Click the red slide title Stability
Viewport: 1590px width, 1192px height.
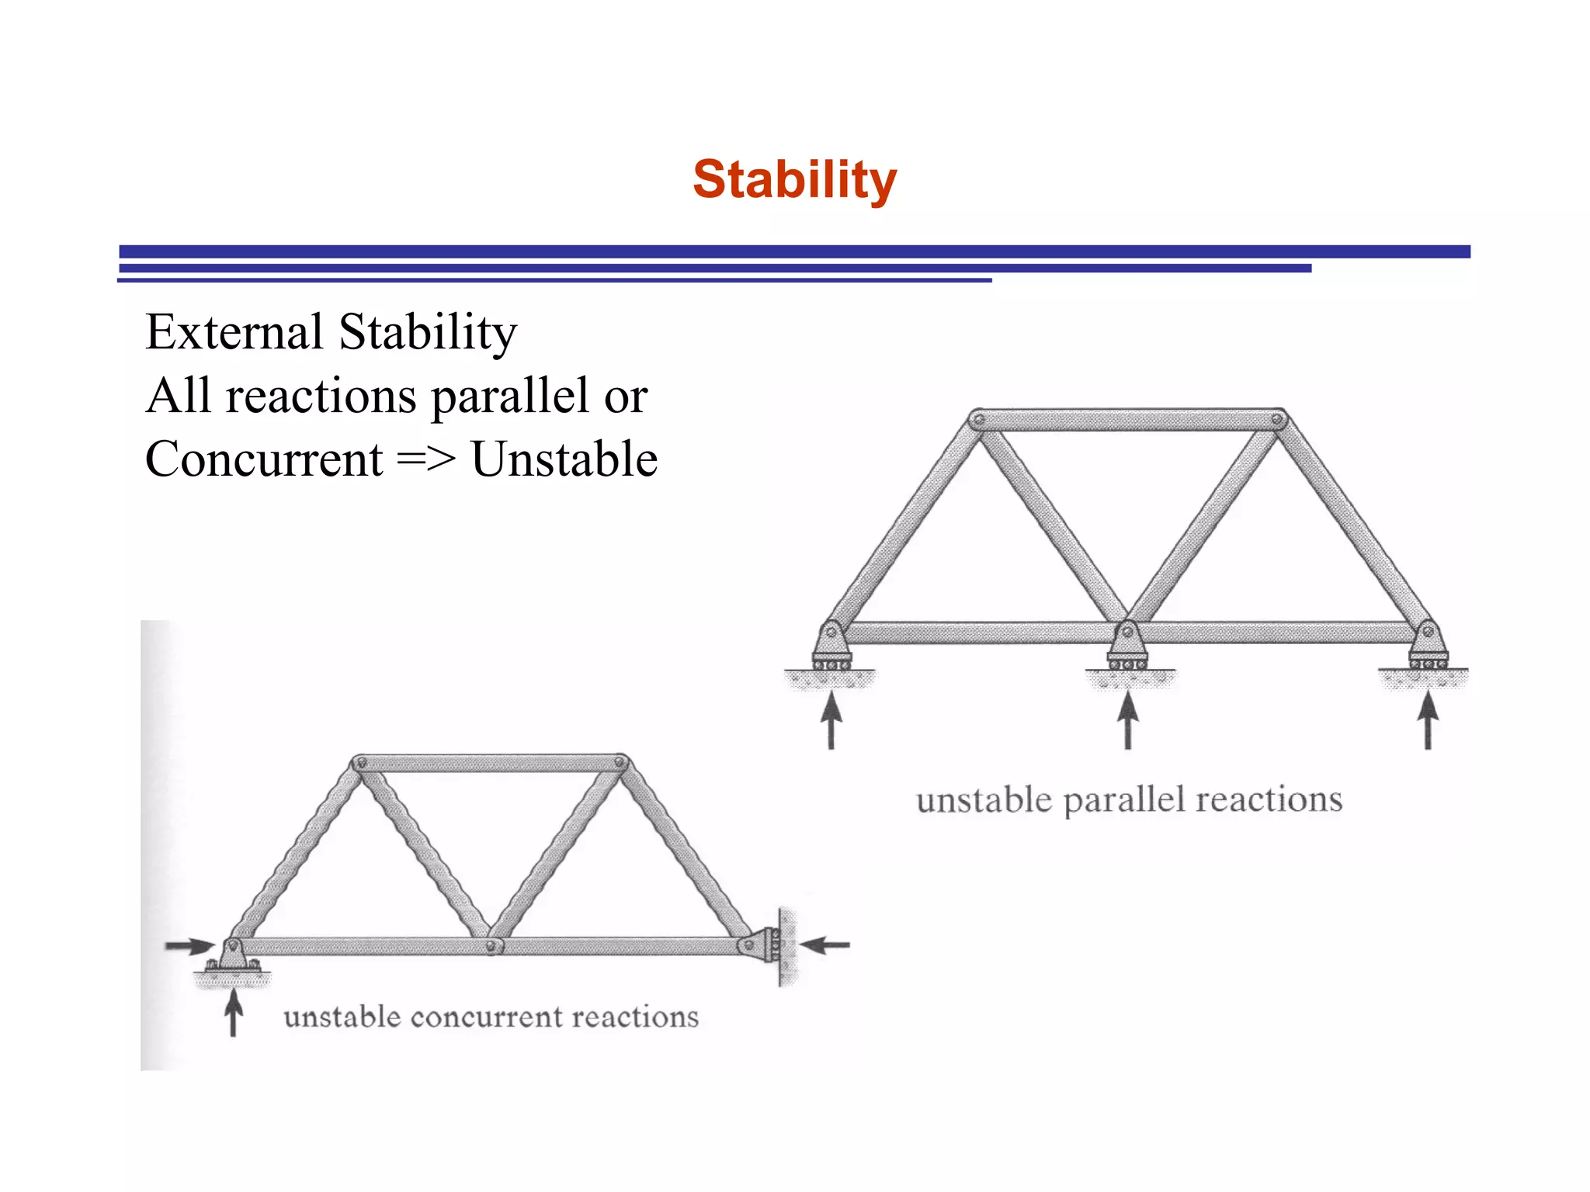794,180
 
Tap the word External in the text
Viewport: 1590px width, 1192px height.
234,332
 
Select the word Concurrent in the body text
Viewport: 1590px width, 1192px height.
264,459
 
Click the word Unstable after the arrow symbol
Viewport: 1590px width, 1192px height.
564,459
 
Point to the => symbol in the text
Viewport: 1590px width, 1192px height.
425,459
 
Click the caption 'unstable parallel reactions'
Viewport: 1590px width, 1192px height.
1129,799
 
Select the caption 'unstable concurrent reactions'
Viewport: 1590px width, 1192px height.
491,1017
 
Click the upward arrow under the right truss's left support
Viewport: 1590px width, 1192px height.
831,720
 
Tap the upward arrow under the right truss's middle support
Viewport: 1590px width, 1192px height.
1128,720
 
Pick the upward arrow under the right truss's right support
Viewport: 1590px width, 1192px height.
1428,720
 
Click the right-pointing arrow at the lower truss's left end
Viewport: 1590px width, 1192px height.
189,946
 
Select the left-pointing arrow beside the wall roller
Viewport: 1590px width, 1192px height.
825,945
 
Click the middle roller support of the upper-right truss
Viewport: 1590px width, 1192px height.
1127,646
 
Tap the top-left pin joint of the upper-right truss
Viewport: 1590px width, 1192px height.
979,420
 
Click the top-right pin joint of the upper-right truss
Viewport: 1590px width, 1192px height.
1277,420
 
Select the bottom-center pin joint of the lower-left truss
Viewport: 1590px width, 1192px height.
491,946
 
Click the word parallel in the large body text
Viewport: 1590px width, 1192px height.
509,396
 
